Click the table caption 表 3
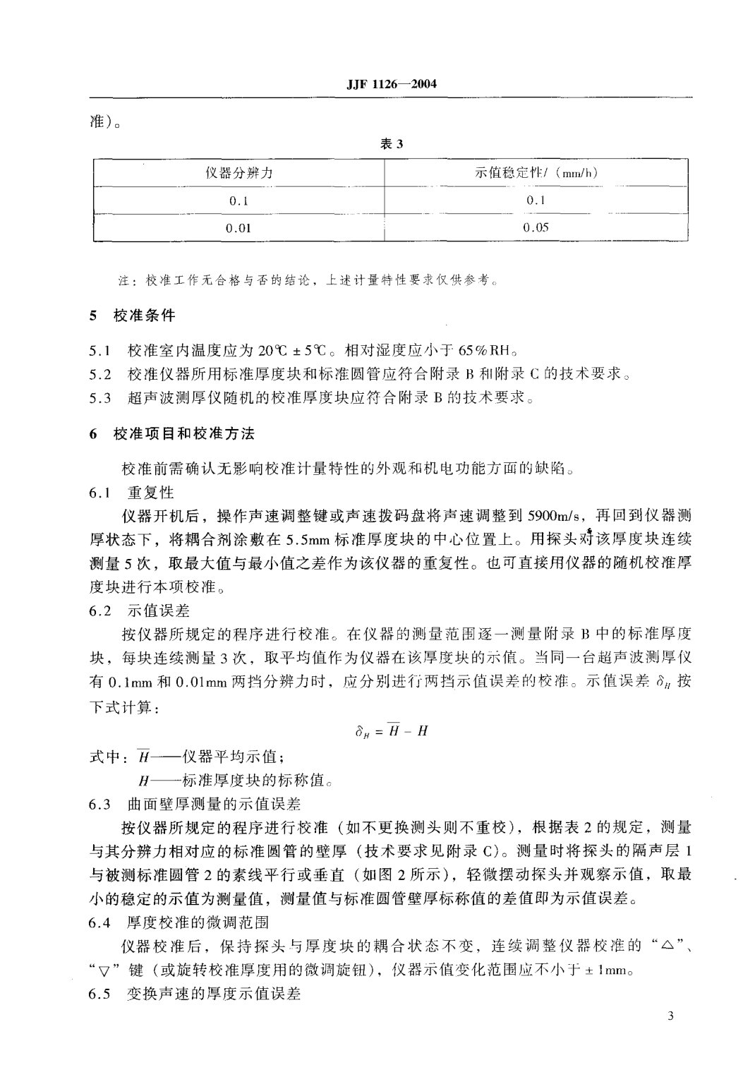[391, 144]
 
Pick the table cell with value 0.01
[238, 228]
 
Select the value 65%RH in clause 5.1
[488, 351]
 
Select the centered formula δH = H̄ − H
[391, 731]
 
